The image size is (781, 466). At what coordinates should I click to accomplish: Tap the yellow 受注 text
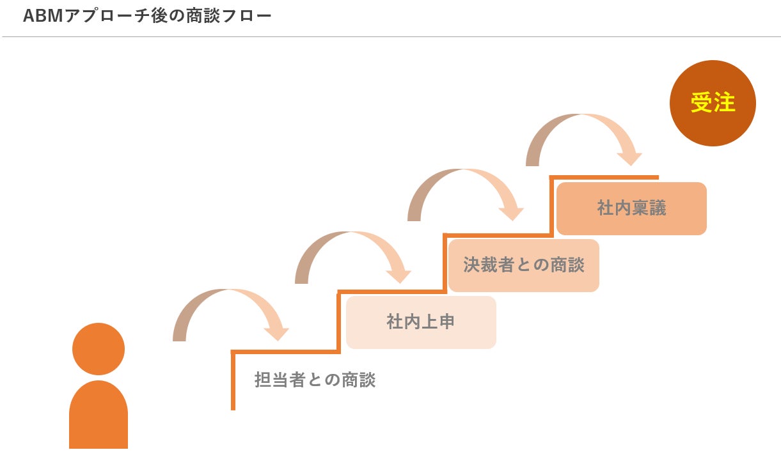pyautogui.click(x=713, y=102)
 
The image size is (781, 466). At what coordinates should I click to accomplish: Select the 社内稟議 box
pyautogui.click(x=631, y=208)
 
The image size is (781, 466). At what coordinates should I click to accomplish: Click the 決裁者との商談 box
pyautogui.click(x=523, y=265)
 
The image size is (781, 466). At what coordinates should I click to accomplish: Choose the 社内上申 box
pyautogui.click(x=421, y=322)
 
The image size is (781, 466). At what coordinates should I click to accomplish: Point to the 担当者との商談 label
pyautogui.click(x=315, y=380)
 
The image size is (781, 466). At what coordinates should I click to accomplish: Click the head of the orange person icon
pyautogui.click(x=99, y=348)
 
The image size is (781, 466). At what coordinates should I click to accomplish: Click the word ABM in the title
pyautogui.click(x=40, y=16)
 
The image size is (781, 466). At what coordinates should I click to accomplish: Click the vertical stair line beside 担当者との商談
pyautogui.click(x=233, y=380)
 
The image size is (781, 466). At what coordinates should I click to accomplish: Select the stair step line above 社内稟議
pyautogui.click(x=604, y=177)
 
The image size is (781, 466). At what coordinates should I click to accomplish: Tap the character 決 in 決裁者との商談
pyautogui.click(x=472, y=265)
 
